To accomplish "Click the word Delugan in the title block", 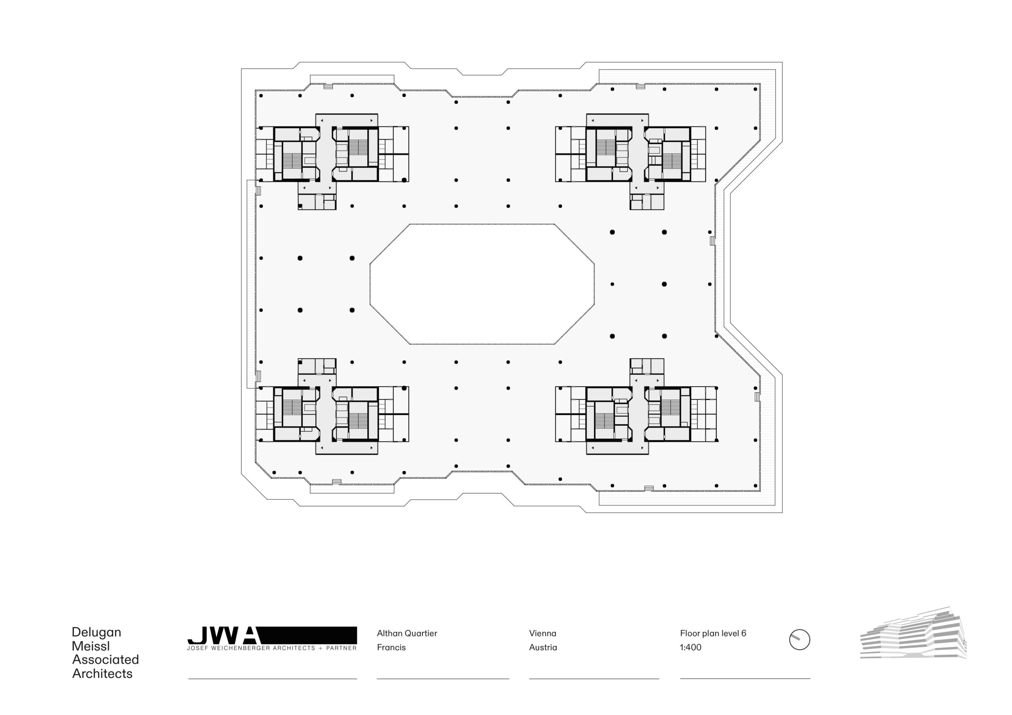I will pos(96,632).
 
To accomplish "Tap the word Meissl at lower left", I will pos(91,646).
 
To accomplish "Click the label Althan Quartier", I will pos(407,634).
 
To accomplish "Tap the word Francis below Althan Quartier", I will pos(391,647).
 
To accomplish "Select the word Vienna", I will pos(543,634).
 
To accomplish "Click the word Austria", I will pos(543,647).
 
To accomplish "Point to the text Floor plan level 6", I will pos(713,634).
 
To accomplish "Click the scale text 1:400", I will pos(690,647).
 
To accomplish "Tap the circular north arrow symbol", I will pos(799,640).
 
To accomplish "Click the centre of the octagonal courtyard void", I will pos(482,284).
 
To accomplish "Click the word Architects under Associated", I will pos(102,674).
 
